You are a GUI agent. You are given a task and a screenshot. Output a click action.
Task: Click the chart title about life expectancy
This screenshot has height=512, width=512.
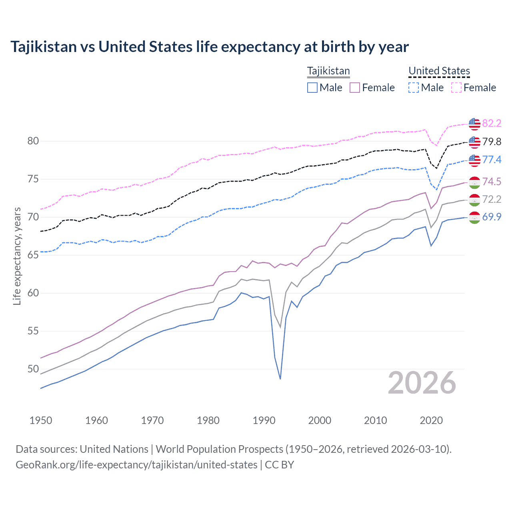tap(210, 47)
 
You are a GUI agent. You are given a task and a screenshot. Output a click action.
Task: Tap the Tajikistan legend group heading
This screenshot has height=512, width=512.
tap(328, 71)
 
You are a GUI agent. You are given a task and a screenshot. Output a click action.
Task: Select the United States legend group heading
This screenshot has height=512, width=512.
tap(439, 71)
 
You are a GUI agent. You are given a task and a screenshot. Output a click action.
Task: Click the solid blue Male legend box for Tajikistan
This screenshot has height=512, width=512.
tap(312, 88)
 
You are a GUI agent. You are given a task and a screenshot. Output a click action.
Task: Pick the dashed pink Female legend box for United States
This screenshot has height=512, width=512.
tap(456, 88)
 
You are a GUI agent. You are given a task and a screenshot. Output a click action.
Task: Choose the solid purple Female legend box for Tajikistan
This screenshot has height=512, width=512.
tap(355, 88)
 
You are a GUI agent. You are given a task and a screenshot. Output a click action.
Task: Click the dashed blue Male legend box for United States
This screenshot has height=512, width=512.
tap(414, 88)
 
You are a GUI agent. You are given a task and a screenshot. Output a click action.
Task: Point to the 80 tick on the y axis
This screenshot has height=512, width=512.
tap(33, 141)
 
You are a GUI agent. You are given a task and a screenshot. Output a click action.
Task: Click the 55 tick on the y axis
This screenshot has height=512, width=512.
tap(33, 331)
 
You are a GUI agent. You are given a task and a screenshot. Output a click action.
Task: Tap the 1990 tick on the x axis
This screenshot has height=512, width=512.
tap(264, 420)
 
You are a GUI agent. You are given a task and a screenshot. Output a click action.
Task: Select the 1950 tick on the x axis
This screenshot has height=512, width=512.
tap(41, 420)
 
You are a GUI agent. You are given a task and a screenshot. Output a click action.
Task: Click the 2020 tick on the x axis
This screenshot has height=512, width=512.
tap(431, 420)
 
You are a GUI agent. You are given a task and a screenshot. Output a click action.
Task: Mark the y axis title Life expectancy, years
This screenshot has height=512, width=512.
tap(17, 256)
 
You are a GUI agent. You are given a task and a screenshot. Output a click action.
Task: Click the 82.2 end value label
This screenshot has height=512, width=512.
tap(492, 123)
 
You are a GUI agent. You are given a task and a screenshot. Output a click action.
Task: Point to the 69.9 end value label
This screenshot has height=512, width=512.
tap(492, 217)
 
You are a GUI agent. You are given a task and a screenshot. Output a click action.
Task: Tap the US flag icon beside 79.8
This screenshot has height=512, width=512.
tap(474, 142)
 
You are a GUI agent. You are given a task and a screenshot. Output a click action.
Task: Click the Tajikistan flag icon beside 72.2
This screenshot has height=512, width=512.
tap(474, 200)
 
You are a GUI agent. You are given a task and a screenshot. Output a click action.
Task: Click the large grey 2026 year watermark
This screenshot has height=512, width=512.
tap(422, 383)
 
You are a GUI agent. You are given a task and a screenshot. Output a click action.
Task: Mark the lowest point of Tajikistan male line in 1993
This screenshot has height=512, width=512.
tap(280, 378)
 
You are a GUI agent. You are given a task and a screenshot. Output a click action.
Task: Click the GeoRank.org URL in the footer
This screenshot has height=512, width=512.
tap(136, 465)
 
